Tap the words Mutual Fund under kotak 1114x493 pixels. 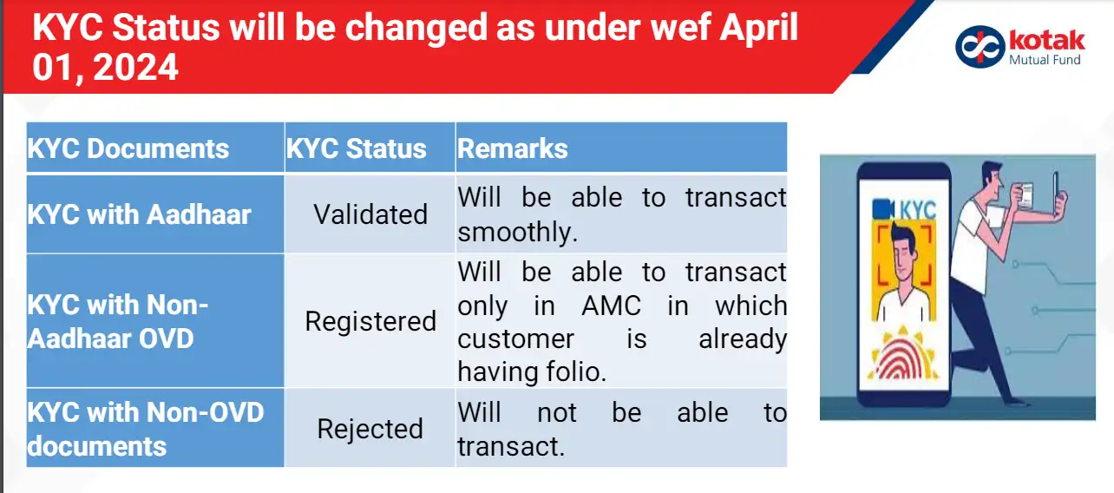click(x=1045, y=60)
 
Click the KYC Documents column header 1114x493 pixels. click(x=128, y=148)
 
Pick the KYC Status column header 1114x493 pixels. click(x=357, y=148)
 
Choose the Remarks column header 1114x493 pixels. click(x=513, y=148)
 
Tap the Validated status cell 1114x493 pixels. click(x=370, y=214)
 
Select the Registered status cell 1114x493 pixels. click(x=370, y=321)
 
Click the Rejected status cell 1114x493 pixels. click(x=370, y=429)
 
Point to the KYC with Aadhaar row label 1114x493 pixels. click(x=140, y=214)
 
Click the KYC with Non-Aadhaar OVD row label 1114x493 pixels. click(x=119, y=321)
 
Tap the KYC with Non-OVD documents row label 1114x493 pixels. click(x=146, y=429)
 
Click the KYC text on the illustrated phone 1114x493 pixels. click(x=917, y=209)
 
